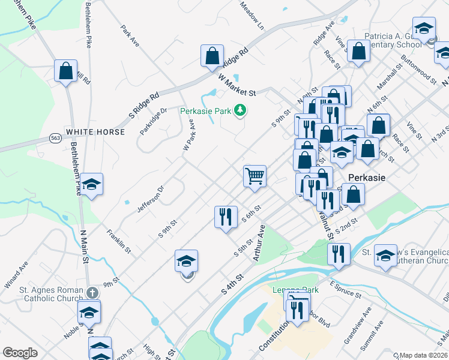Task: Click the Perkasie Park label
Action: [206, 111]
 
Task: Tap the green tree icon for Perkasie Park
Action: [240, 110]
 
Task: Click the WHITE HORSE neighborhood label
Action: [95, 132]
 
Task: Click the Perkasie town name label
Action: [366, 178]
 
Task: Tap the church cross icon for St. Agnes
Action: [91, 293]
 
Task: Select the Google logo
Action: [20, 353]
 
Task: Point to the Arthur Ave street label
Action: [259, 243]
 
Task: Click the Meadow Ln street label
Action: [252, 16]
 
